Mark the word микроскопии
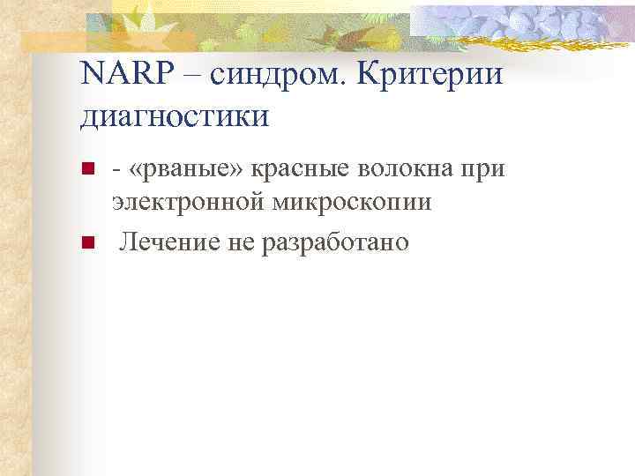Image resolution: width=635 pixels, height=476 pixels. [352, 203]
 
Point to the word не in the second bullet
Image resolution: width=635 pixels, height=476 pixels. [242, 242]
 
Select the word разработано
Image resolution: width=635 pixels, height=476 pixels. [335, 242]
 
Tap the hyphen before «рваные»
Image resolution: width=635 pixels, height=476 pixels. [116, 171]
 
